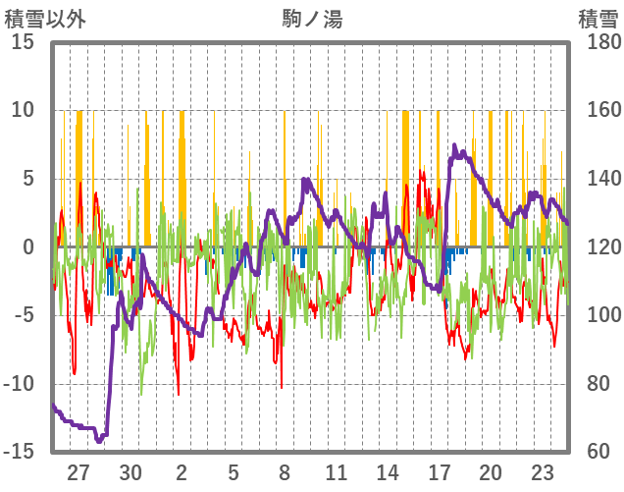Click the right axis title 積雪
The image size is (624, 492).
tap(597, 18)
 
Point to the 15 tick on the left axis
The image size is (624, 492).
tap(24, 42)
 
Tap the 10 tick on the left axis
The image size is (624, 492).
tap(24, 110)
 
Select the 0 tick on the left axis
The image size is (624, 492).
tap(29, 246)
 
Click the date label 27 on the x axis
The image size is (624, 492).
tap(78, 471)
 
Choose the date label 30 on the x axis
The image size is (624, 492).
tap(130, 471)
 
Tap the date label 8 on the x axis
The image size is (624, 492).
tap(285, 471)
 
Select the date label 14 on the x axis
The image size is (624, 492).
tap(388, 471)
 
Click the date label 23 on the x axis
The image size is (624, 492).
tap(542, 471)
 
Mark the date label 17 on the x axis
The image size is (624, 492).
tap(439, 471)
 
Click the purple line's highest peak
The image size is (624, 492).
tap(454, 145)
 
